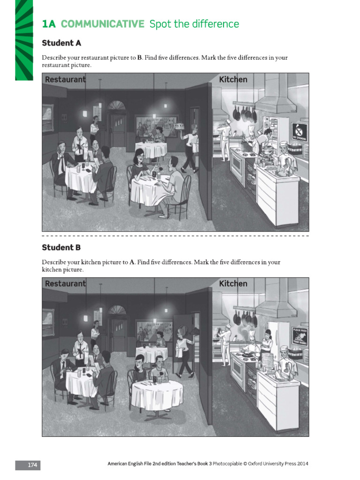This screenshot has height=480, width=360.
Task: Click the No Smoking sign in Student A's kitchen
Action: click(x=298, y=132)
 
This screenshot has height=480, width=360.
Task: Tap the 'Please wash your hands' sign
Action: click(x=299, y=337)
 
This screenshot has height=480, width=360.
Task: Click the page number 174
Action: click(x=32, y=465)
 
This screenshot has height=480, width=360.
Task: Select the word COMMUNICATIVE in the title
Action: click(x=103, y=24)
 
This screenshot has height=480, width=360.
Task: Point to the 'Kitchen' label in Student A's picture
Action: click(x=233, y=80)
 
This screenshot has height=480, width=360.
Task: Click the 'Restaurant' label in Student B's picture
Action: click(x=65, y=284)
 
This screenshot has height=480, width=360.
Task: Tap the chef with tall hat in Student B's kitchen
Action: click(x=252, y=342)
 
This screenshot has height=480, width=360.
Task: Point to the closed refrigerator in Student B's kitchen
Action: click(x=279, y=335)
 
